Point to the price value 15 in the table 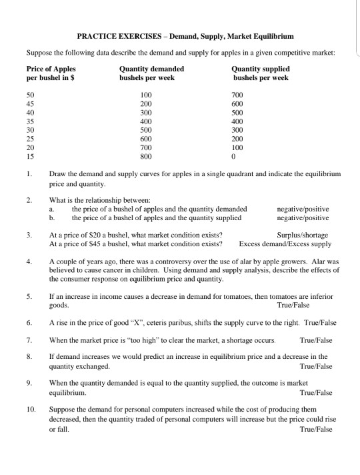[x=31, y=157]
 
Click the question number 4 [x=29, y=262]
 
